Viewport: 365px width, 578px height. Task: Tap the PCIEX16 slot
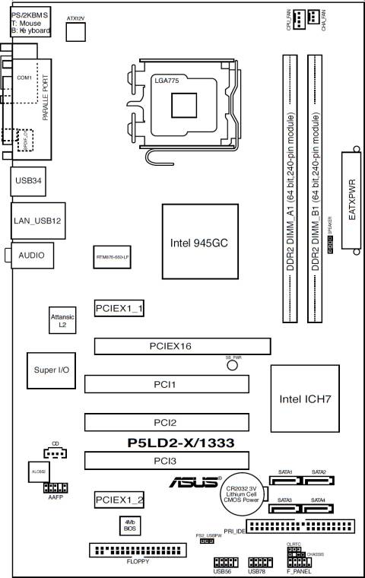(x=182, y=346)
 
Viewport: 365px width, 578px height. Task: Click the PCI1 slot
(x=166, y=385)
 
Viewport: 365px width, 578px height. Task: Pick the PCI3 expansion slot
(x=166, y=461)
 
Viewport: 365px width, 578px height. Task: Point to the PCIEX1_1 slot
(x=120, y=308)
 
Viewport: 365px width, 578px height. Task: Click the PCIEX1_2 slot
(x=120, y=499)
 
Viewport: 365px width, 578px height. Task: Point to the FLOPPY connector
(x=138, y=551)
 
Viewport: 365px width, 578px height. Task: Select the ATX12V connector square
(x=76, y=30)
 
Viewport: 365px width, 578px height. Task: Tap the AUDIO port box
(x=31, y=256)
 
